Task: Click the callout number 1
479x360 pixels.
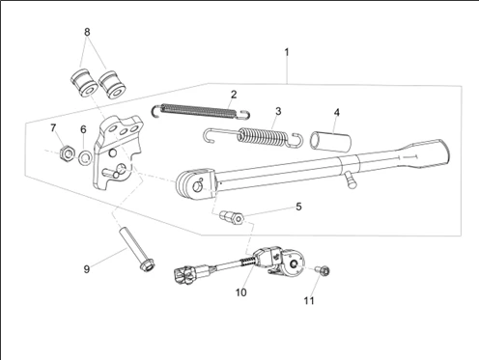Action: pyautogui.click(x=287, y=52)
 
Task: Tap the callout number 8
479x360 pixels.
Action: pyautogui.click(x=87, y=32)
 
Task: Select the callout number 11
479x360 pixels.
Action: pyautogui.click(x=309, y=301)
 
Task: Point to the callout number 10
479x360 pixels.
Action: pyautogui.click(x=240, y=292)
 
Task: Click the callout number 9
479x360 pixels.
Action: pyautogui.click(x=87, y=269)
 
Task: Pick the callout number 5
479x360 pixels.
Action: pyautogui.click(x=298, y=207)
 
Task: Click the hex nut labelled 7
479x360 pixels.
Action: pyautogui.click(x=68, y=153)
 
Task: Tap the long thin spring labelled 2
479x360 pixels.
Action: pyautogui.click(x=200, y=111)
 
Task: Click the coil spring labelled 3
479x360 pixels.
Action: pyautogui.click(x=254, y=137)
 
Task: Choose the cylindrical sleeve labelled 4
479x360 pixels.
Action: pyautogui.click(x=330, y=141)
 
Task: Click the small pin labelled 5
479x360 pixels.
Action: pyautogui.click(x=231, y=218)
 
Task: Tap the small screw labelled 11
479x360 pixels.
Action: pyautogui.click(x=324, y=271)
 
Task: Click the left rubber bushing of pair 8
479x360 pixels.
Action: pyautogui.click(x=84, y=82)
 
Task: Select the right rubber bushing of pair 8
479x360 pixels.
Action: pyautogui.click(x=112, y=85)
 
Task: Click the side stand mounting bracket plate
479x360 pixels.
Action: pyautogui.click(x=117, y=152)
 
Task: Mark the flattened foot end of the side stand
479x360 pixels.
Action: pyautogui.click(x=422, y=153)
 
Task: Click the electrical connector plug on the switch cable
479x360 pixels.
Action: pyautogui.click(x=187, y=276)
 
